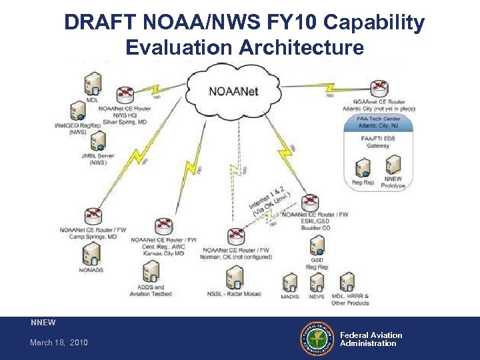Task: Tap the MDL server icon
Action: click(x=93, y=85)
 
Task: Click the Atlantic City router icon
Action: click(x=380, y=88)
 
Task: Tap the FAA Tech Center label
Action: click(x=378, y=122)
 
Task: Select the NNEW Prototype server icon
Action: click(x=393, y=164)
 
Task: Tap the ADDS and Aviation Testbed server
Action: click(x=151, y=271)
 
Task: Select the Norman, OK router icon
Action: click(x=236, y=236)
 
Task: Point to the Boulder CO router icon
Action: click(x=310, y=202)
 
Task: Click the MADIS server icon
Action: click(x=290, y=281)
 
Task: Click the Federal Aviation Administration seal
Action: click(x=317, y=339)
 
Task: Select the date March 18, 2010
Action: click(x=59, y=343)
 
